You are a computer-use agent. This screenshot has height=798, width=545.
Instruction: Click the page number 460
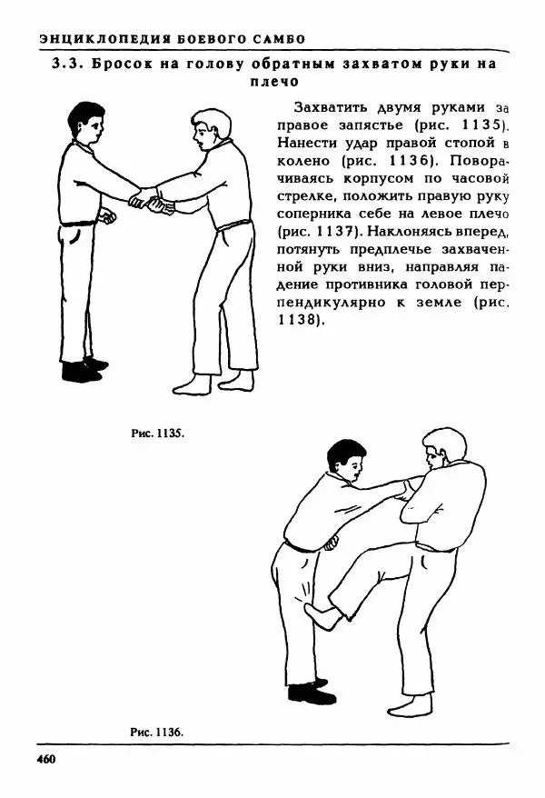tap(46, 758)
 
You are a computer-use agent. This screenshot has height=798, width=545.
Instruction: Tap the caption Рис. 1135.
tap(158, 434)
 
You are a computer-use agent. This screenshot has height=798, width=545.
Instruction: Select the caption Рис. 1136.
tap(156, 731)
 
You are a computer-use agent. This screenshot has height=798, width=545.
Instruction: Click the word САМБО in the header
tap(275, 38)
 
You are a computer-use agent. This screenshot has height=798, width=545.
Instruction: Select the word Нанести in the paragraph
tap(302, 144)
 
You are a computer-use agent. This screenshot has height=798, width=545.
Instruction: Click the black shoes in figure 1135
tap(83, 369)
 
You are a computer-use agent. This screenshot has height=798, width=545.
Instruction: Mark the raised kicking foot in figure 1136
tap(322, 618)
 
